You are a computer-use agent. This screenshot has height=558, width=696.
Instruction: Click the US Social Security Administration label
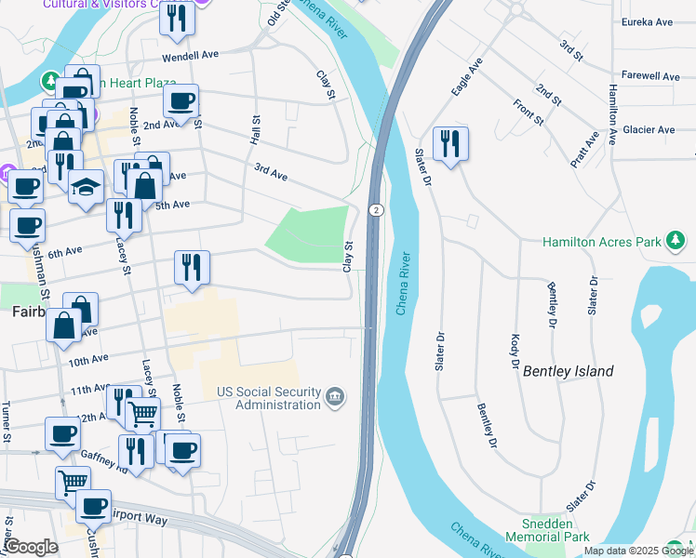(x=268, y=398)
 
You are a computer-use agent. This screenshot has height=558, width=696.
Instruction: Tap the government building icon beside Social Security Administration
(x=335, y=399)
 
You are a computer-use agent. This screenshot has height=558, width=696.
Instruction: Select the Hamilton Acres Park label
(x=603, y=242)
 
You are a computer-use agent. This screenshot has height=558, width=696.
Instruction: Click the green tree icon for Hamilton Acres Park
(x=676, y=242)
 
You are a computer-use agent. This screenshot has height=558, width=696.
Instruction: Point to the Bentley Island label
(x=568, y=371)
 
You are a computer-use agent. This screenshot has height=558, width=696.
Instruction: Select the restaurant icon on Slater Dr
(x=450, y=143)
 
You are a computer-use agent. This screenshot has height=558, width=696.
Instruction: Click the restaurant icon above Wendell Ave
(x=176, y=19)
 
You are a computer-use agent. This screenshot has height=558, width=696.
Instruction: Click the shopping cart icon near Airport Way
(x=73, y=481)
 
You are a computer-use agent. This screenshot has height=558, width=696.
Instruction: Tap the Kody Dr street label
(x=514, y=351)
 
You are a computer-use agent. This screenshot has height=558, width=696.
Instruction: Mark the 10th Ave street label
(x=88, y=359)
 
